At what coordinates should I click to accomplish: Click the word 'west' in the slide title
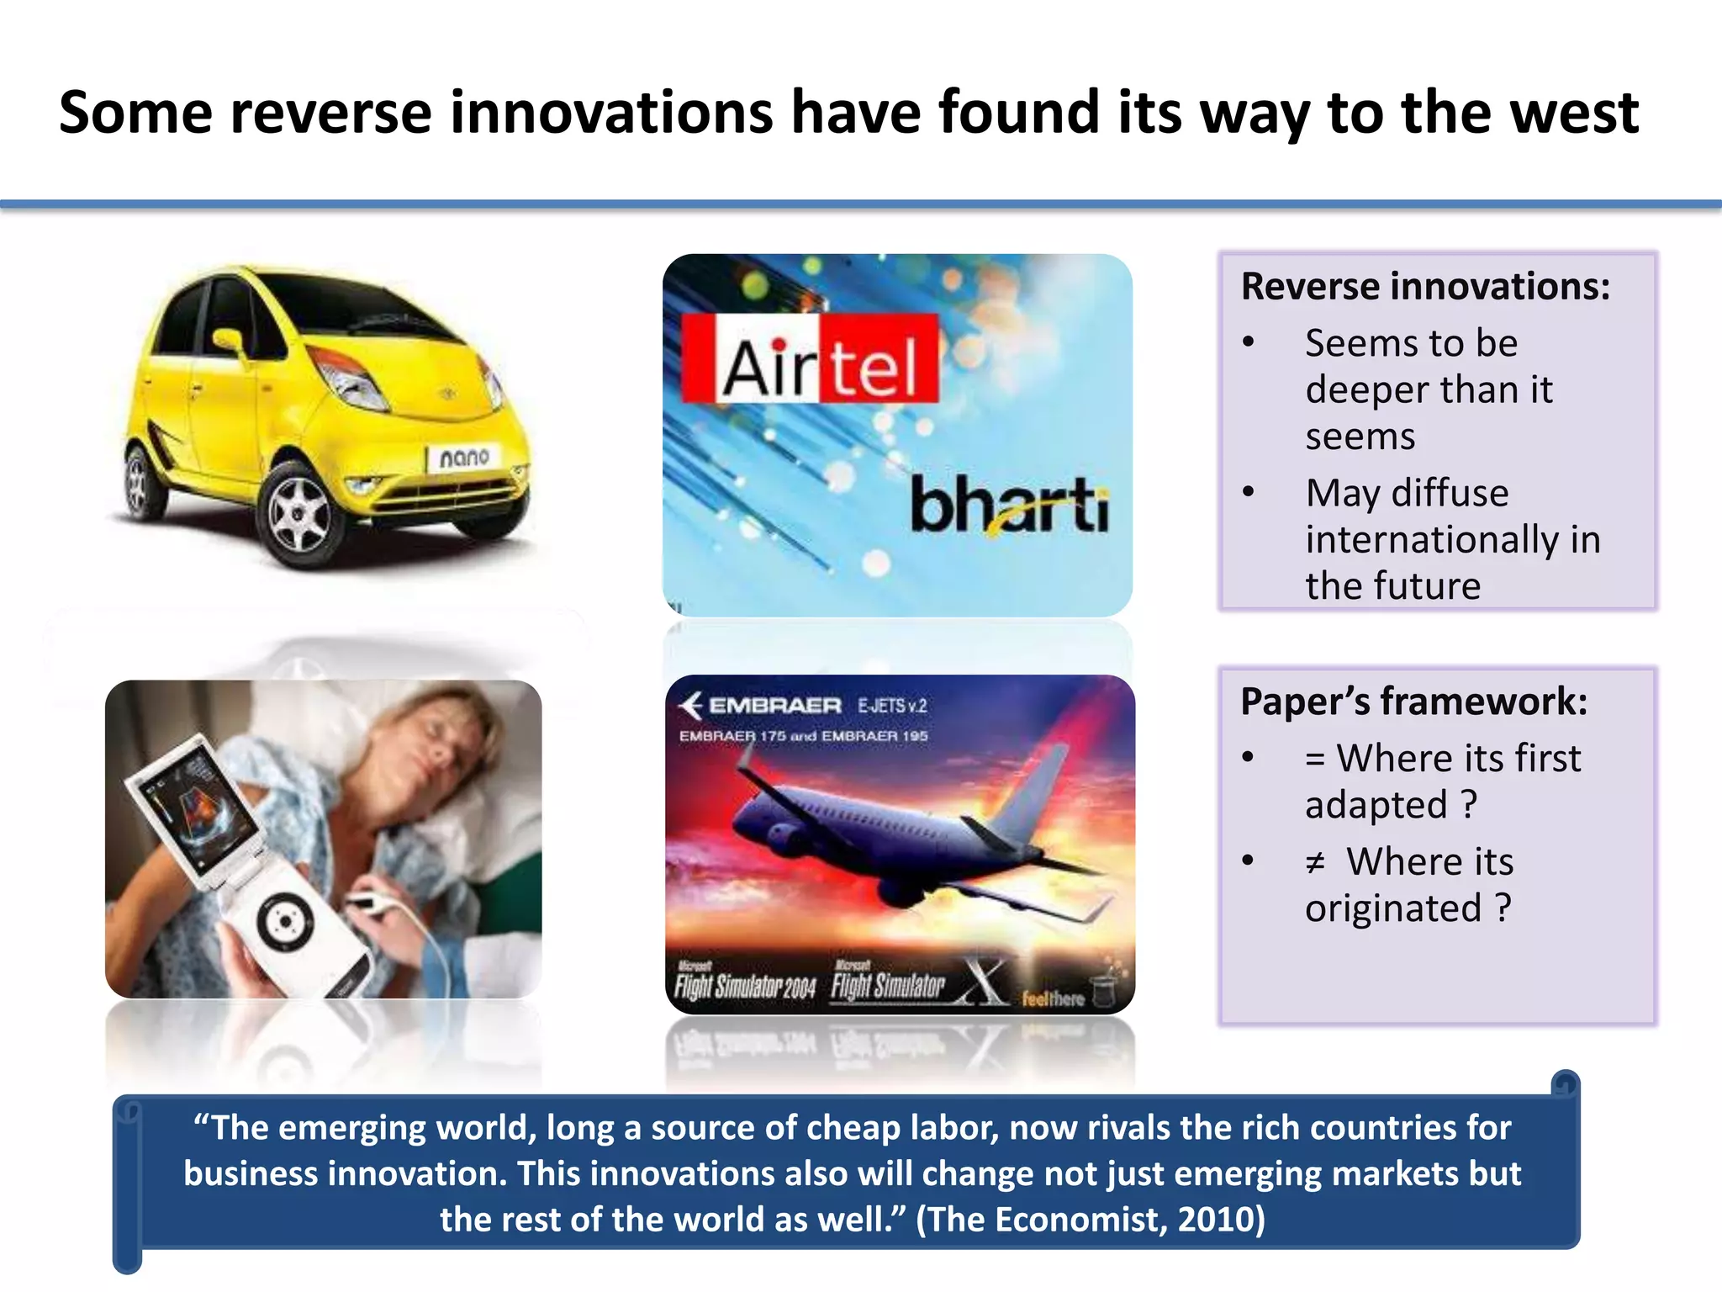1574,114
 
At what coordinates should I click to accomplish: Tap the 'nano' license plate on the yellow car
464,458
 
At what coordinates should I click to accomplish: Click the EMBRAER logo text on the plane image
774,705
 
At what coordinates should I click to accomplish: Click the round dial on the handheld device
284,922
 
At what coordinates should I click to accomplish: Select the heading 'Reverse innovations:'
1425,287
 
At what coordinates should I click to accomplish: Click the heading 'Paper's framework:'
1413,702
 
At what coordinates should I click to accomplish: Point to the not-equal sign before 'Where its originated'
1316,862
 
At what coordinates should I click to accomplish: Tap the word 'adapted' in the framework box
1376,805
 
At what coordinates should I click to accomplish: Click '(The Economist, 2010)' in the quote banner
1090,1219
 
